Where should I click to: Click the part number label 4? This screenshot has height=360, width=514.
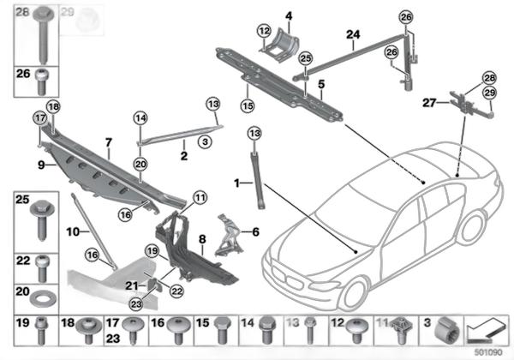[x=290, y=16]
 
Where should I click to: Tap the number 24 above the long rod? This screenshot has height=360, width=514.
[x=353, y=35]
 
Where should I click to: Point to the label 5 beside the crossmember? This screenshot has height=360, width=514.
[x=321, y=85]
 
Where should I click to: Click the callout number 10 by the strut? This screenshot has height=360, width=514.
[x=73, y=231]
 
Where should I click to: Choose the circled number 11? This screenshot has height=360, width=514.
[x=200, y=198]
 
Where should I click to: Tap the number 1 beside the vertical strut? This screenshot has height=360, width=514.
[x=236, y=182]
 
